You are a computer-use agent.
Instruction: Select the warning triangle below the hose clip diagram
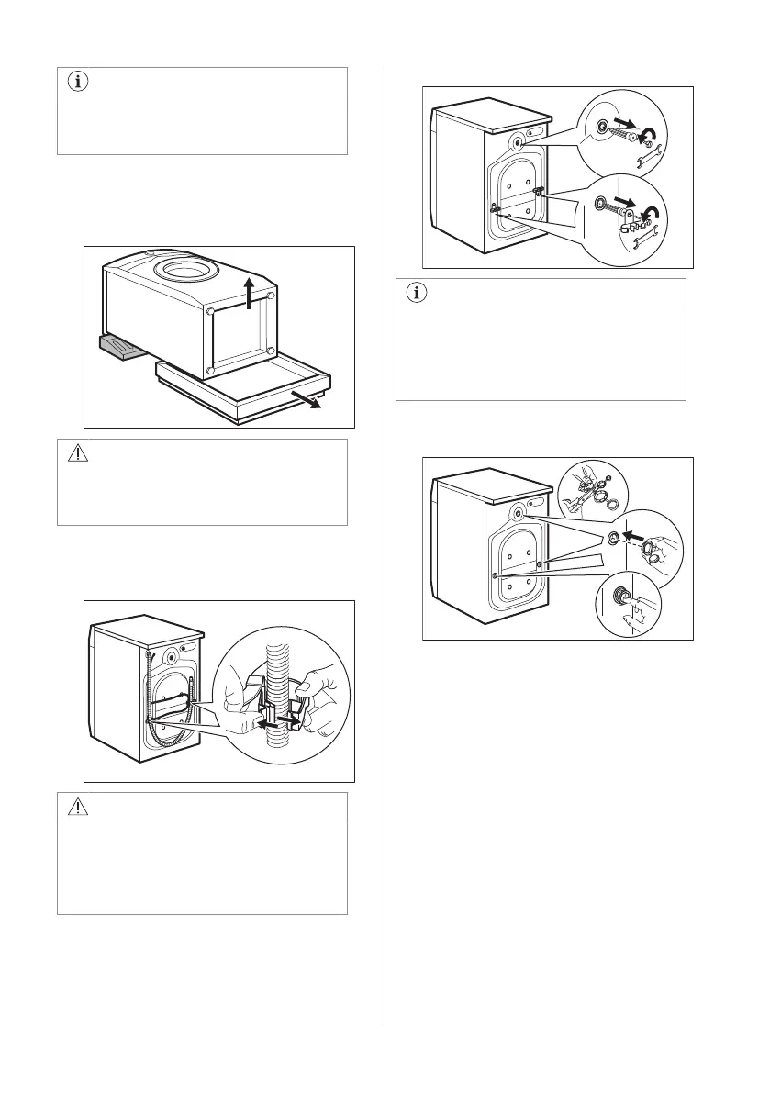click(x=74, y=809)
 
